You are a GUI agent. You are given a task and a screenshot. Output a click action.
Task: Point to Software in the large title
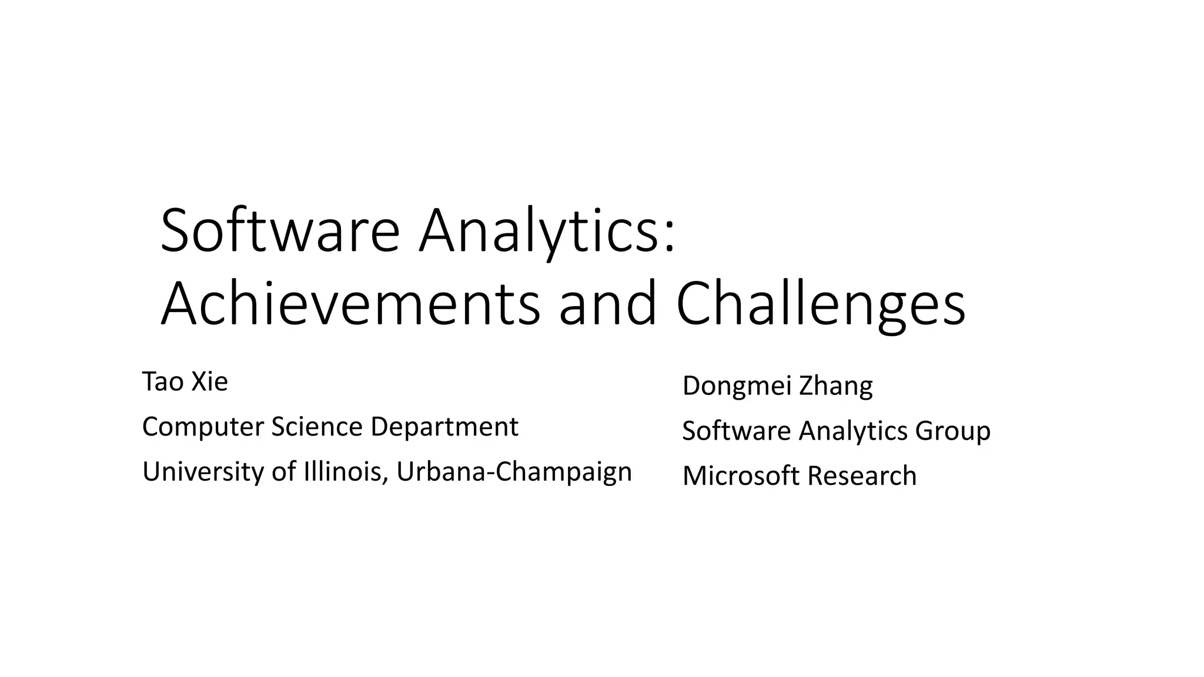[x=280, y=230]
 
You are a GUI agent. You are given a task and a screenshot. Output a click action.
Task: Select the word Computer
[x=203, y=427]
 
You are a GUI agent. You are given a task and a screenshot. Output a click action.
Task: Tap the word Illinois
[x=346, y=472]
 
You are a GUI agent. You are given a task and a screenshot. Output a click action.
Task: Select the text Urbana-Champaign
[x=514, y=472]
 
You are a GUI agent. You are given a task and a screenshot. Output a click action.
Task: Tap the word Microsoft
[x=740, y=475]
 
